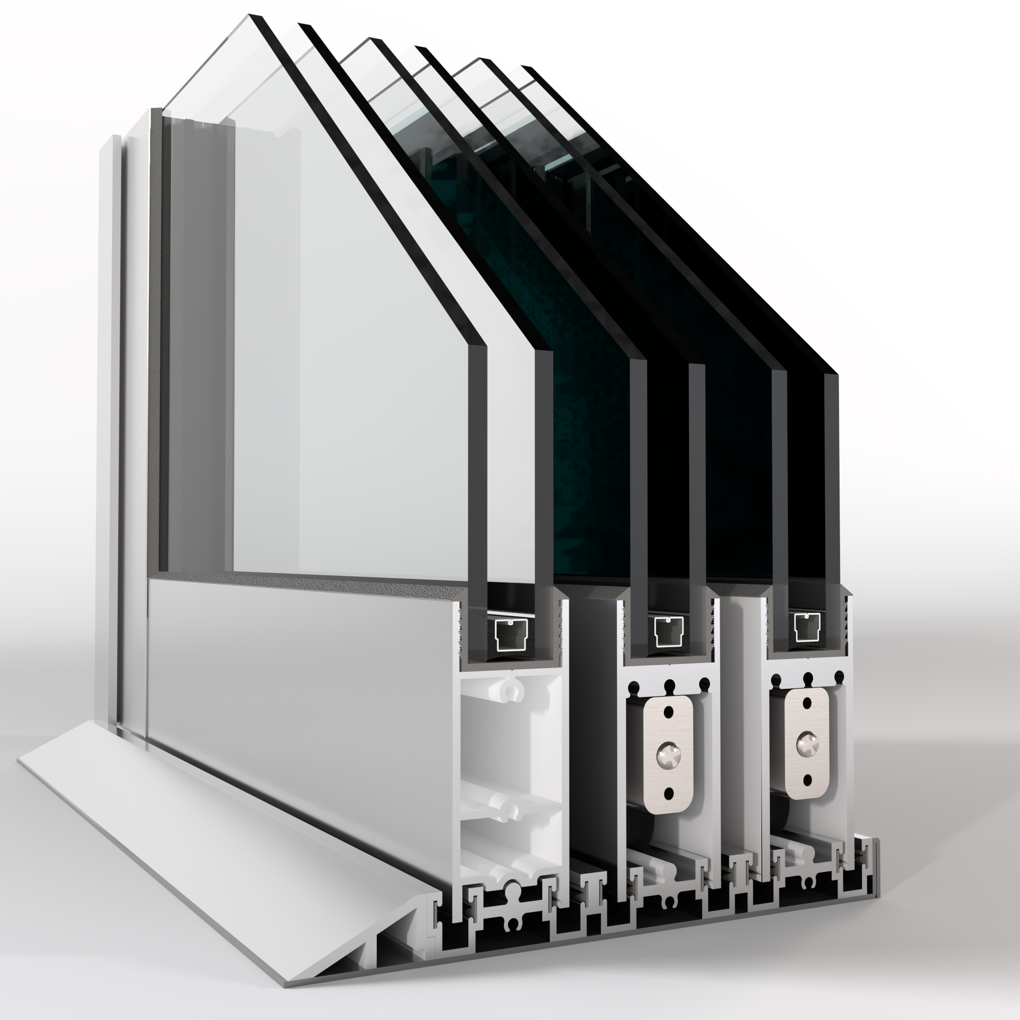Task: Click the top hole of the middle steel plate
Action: (669, 710)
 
